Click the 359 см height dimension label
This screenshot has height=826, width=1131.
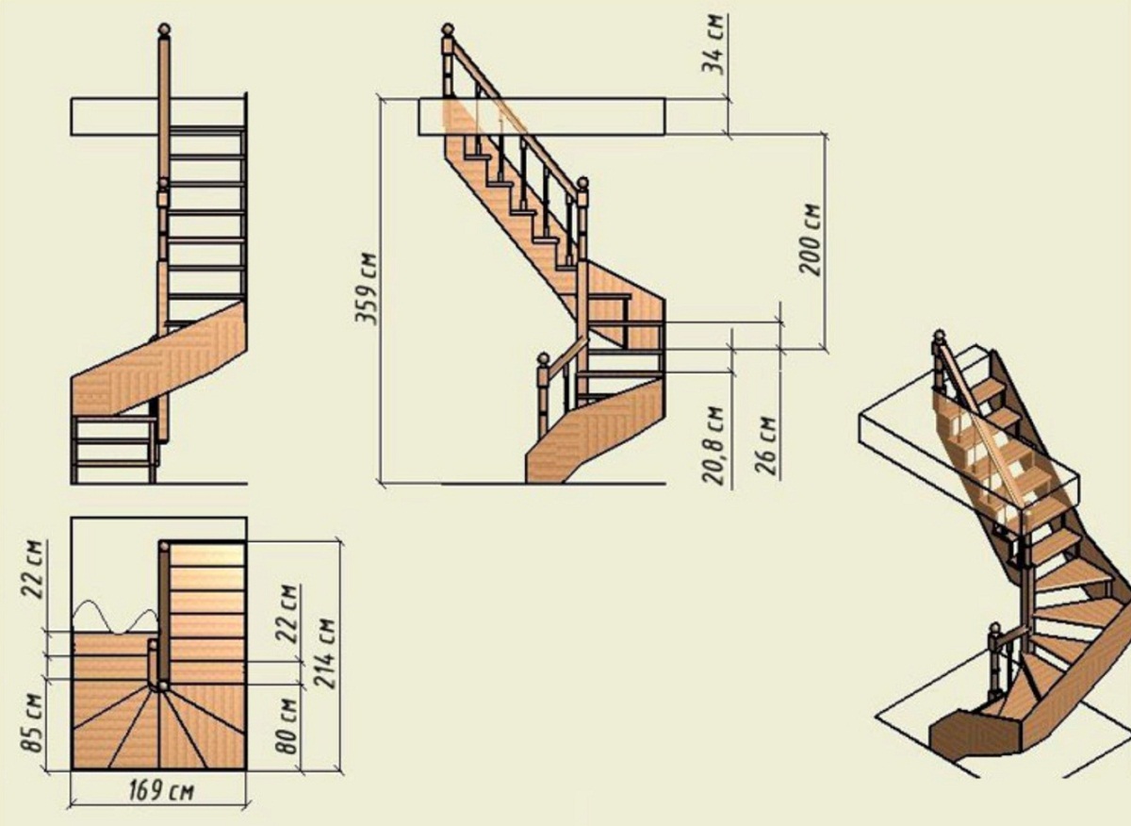point(366,288)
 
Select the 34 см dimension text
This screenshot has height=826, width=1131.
point(715,45)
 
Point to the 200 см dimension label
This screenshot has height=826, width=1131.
point(810,239)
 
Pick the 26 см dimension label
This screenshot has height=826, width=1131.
point(765,445)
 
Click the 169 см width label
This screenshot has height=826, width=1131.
point(161,790)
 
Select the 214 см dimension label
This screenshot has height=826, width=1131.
point(324,653)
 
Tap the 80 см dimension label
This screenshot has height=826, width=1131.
point(287,727)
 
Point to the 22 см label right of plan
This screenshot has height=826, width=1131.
point(287,613)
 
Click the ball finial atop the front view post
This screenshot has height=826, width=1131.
point(164,29)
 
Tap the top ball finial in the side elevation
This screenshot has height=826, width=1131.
point(448,29)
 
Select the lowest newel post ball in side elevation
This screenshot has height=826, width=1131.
point(542,359)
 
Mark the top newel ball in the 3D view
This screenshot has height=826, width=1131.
point(939,336)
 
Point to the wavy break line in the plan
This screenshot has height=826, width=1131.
point(116,617)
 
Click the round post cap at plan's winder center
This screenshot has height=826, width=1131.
point(163,686)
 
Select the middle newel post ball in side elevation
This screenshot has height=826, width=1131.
point(582,183)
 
